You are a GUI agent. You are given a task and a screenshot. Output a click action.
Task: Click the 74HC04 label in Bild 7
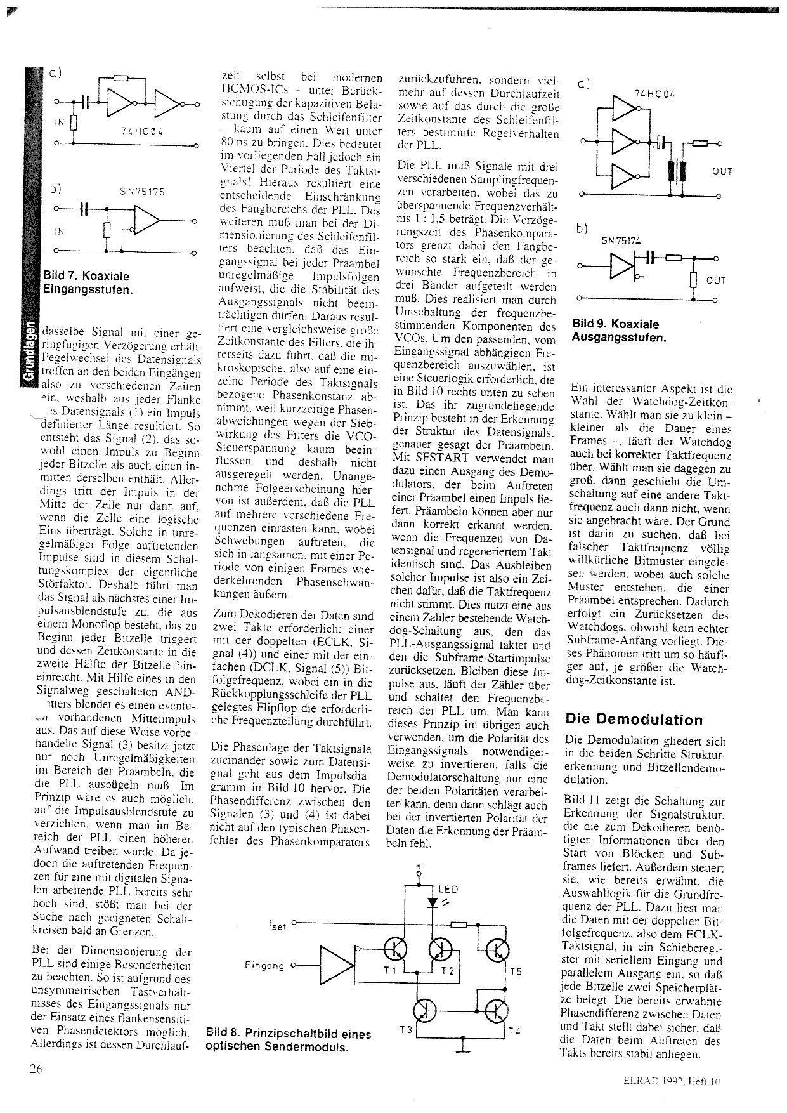point(142,132)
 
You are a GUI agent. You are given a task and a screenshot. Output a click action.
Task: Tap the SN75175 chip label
point(141,192)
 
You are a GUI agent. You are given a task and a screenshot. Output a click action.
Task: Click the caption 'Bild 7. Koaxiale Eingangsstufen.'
point(87,283)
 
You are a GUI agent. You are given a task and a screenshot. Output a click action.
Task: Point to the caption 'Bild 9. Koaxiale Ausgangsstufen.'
point(619,331)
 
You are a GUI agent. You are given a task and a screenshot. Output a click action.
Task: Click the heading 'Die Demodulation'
point(634,720)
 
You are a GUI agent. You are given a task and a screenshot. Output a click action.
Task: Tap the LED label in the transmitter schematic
point(448,890)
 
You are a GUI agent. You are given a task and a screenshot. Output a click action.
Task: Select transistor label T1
point(389,971)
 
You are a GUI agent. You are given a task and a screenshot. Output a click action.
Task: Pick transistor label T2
point(448,971)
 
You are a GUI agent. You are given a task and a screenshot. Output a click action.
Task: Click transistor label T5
point(516,971)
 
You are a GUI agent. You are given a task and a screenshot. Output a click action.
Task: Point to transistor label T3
point(406,1031)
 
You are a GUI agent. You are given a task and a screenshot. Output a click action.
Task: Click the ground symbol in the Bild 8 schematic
point(463,1047)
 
